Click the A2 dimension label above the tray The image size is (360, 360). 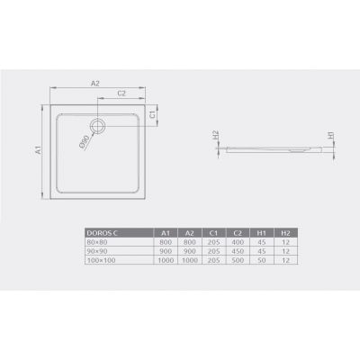(95, 83)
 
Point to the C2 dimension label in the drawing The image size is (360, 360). (121, 94)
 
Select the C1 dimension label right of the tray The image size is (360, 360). (154, 115)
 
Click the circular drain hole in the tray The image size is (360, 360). (98, 123)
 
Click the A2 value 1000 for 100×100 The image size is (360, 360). (190, 260)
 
